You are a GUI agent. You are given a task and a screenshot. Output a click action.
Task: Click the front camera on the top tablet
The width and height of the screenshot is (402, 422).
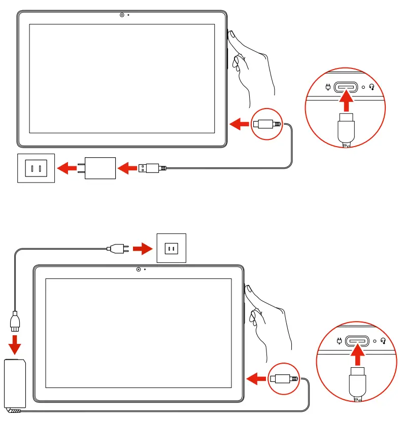[122, 15]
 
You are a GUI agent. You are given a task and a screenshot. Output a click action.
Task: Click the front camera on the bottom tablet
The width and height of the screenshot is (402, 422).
[139, 269]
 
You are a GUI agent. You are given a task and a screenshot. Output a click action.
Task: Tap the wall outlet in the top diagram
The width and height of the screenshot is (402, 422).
[36, 167]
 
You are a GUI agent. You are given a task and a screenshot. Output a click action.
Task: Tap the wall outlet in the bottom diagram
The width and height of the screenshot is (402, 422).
[171, 248]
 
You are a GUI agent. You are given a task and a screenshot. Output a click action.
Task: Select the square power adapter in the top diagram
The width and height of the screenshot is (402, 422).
[100, 167]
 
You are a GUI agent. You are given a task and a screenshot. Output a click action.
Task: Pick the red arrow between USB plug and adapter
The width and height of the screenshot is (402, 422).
[127, 167]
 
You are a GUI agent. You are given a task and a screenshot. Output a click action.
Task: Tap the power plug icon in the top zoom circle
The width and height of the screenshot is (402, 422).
[328, 87]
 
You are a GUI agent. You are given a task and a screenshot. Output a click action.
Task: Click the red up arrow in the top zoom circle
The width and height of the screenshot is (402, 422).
[346, 102]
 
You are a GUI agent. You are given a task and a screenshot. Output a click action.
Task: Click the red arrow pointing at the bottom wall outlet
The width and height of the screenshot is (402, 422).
[142, 249]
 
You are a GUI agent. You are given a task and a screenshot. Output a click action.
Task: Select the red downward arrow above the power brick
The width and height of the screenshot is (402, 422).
[15, 344]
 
